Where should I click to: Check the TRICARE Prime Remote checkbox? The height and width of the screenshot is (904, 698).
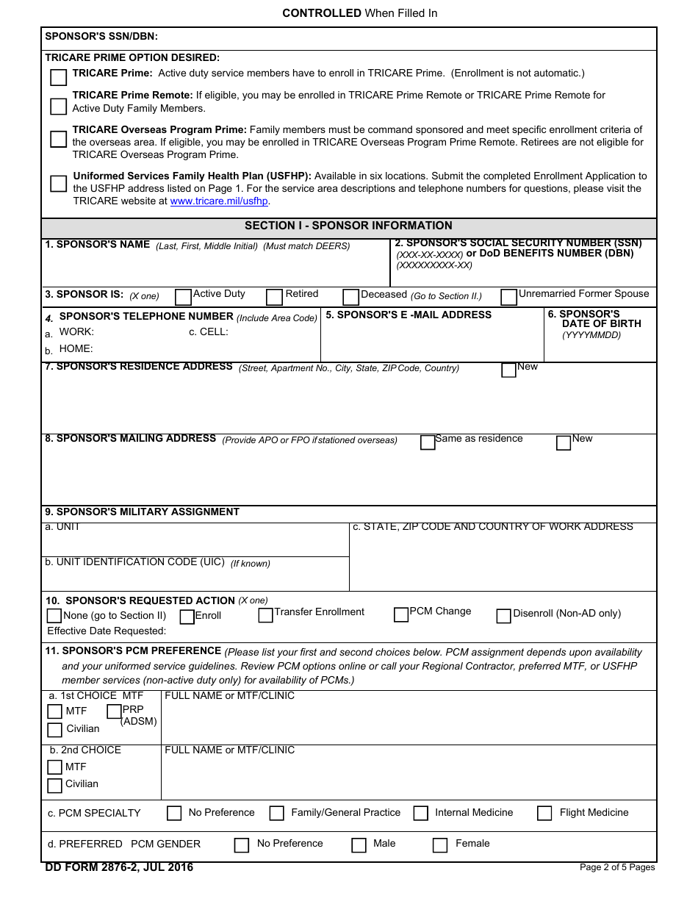point(58,107)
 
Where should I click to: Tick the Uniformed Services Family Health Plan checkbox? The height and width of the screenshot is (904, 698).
point(58,184)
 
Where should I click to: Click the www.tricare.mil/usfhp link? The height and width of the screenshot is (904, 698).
point(219,201)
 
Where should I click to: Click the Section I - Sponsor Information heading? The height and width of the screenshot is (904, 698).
point(348,226)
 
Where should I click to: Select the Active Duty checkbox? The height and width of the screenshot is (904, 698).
point(183,297)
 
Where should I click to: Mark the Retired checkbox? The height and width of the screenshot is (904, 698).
point(274,297)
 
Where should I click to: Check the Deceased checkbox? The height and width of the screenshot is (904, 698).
point(350,297)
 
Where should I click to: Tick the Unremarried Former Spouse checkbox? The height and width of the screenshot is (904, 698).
point(508,297)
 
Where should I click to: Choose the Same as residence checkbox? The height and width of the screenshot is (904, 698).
point(428,442)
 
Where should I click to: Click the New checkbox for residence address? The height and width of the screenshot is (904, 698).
point(508,370)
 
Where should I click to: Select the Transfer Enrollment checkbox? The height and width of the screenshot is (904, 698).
point(265,615)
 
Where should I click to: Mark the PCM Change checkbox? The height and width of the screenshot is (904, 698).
point(400,614)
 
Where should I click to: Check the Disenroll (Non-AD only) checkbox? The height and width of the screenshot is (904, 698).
point(503,616)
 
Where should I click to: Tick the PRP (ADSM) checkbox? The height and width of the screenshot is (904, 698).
point(114,711)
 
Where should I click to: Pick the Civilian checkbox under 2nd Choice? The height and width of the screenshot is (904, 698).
point(54,786)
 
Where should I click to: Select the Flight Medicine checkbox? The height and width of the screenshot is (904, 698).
point(544,813)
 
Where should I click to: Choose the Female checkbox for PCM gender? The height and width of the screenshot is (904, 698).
point(440,845)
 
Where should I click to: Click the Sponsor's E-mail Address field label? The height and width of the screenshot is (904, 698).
point(409,315)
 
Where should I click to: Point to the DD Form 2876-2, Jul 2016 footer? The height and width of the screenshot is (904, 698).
point(119,867)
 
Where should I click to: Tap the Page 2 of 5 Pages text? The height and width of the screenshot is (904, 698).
point(616,867)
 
